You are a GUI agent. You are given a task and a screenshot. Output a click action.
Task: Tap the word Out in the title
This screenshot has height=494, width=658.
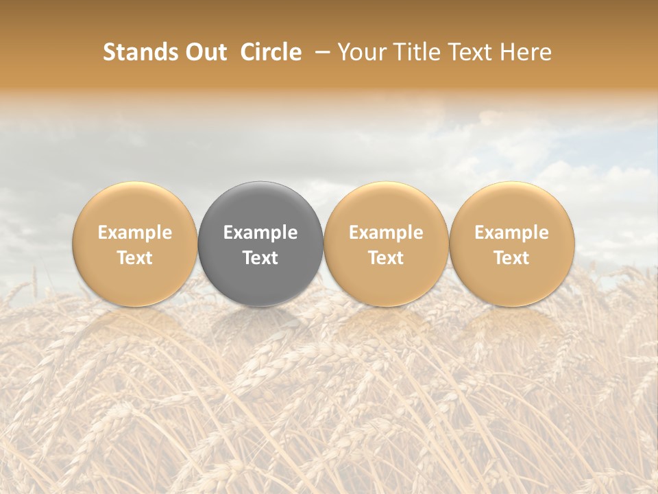click(x=205, y=52)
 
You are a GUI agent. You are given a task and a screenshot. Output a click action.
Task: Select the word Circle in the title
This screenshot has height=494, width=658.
click(x=271, y=52)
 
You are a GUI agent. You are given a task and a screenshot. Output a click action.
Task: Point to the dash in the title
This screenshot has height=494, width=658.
click(x=320, y=52)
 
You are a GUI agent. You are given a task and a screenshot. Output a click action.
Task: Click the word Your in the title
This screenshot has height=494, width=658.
click(x=361, y=52)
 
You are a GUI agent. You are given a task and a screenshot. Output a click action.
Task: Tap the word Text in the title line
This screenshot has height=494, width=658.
click(x=472, y=52)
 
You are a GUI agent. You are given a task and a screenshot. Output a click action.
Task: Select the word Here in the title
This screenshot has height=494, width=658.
click(x=527, y=52)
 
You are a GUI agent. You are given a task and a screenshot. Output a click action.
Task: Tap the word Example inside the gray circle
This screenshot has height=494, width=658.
click(x=260, y=233)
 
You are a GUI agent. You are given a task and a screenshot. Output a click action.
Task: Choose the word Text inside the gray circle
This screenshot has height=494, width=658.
click(x=260, y=258)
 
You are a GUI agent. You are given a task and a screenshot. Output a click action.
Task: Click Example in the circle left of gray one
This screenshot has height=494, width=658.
click(x=135, y=233)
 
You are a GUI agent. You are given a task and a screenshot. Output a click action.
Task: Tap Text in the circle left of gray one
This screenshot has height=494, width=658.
click(x=135, y=258)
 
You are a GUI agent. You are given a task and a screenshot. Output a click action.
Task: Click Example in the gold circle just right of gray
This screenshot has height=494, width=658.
click(x=386, y=233)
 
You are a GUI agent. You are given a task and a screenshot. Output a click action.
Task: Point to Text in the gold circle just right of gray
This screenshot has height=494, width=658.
click(x=386, y=258)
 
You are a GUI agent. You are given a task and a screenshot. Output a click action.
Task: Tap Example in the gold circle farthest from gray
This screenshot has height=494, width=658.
click(x=512, y=233)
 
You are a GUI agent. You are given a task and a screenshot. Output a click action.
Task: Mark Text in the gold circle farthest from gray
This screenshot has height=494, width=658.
click(x=512, y=258)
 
